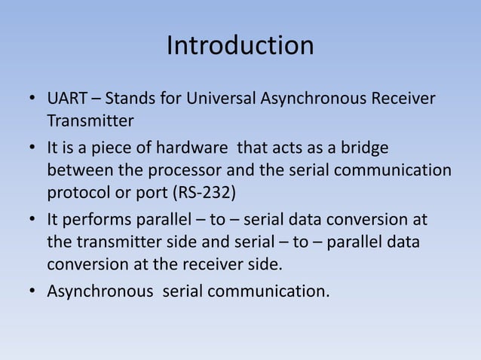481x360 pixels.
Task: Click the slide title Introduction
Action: (240, 46)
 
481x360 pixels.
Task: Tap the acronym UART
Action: (69, 99)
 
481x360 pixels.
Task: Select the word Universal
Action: (221, 99)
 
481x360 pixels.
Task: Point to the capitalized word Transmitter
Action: (90, 121)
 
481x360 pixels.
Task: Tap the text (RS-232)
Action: (204, 191)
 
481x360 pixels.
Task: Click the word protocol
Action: (78, 191)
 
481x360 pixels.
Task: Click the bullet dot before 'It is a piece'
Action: (32, 149)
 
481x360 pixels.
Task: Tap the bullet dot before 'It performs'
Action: (32, 220)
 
